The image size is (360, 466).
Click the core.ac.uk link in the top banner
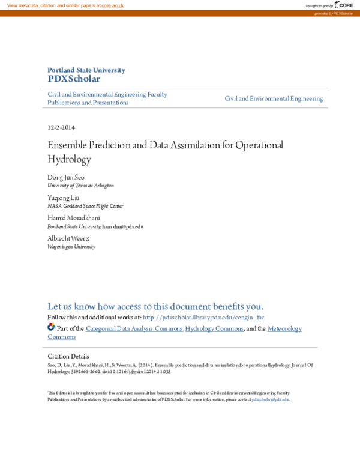tap(112, 5)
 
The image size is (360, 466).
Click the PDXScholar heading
tap(74, 79)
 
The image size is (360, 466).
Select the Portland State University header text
tap(86, 70)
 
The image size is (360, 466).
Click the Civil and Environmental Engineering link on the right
tap(274, 98)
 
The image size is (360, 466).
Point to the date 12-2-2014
tap(61, 127)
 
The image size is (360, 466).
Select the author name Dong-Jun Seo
tap(66, 178)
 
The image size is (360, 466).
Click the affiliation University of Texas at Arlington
tap(80, 186)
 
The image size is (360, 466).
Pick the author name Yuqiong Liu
tap(63, 198)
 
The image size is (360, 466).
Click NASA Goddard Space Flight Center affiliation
tap(85, 206)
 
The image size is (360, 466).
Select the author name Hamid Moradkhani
tap(74, 218)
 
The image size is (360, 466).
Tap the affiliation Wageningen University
tap(71, 246)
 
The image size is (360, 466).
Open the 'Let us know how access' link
tap(155, 306)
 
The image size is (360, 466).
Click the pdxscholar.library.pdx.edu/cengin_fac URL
tap(204, 317)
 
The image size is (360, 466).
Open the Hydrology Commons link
tap(214, 328)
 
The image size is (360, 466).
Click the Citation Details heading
tap(68, 356)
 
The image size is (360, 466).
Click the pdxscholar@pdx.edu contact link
tap(271, 399)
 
